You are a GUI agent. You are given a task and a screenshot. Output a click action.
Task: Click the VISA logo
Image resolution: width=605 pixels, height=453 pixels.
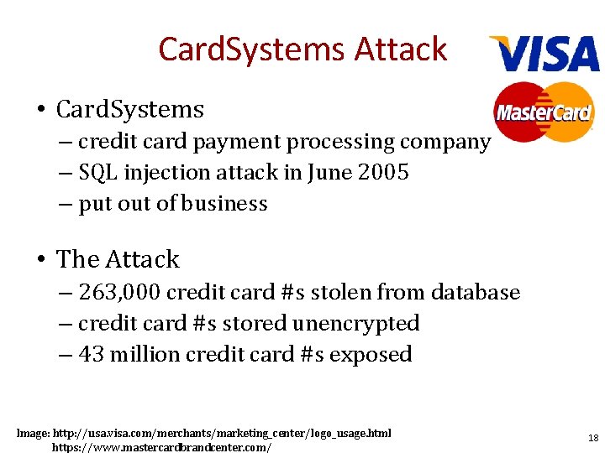tap(544, 55)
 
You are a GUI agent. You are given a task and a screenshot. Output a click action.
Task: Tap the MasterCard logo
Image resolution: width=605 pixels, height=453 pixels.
tap(544, 112)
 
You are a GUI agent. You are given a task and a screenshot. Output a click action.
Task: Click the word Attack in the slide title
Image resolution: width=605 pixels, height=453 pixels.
tap(400, 49)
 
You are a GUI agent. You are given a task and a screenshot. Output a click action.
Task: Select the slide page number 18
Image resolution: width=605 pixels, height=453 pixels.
tap(593, 438)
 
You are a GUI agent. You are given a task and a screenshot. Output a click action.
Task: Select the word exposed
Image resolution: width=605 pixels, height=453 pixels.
tap(371, 354)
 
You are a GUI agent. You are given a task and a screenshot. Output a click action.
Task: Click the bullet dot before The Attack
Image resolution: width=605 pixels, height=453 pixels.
tap(40, 259)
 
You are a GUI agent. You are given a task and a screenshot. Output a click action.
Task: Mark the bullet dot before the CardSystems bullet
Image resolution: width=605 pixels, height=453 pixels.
tap(40, 110)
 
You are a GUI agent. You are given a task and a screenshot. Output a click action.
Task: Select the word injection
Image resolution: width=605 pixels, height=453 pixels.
tap(163, 173)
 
